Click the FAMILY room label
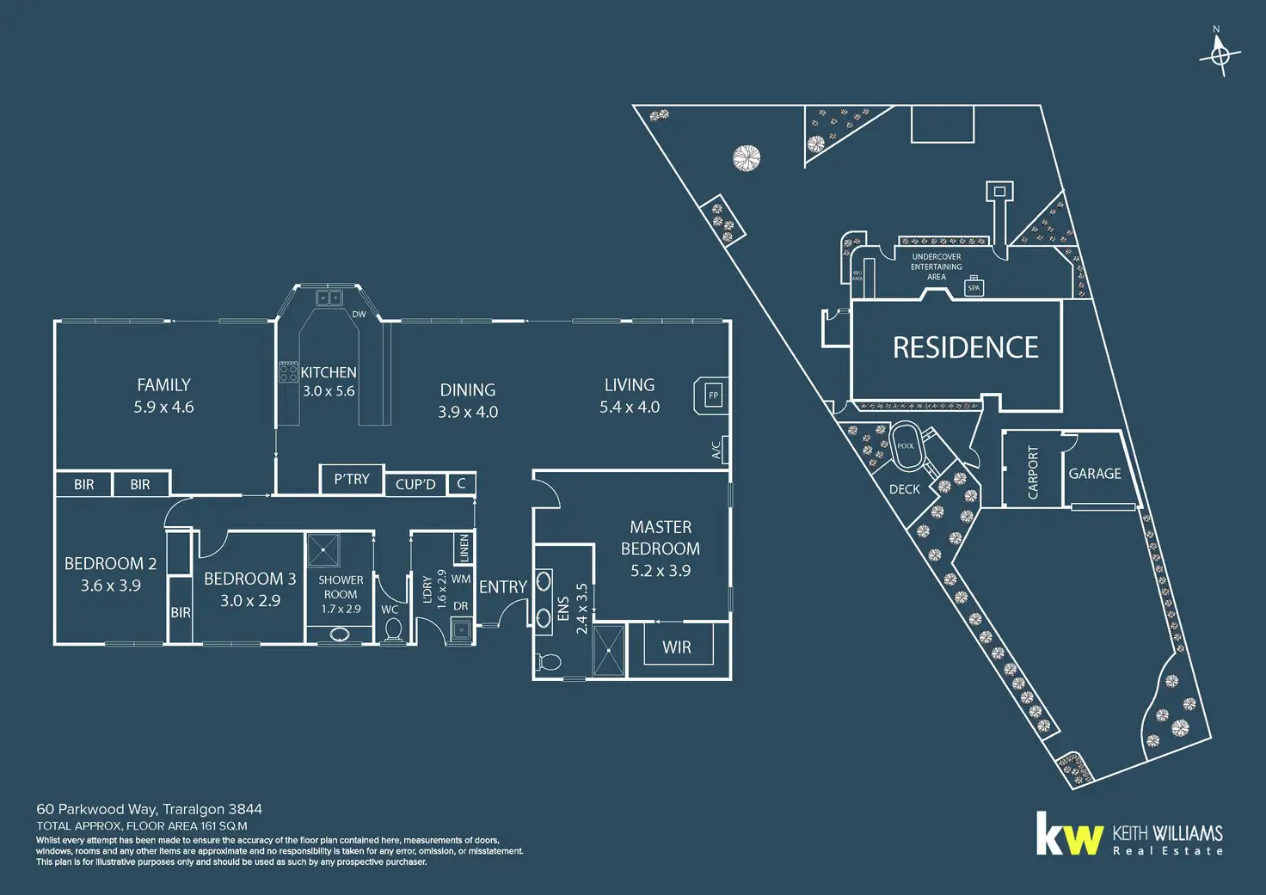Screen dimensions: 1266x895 163,385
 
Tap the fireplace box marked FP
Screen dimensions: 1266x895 712,395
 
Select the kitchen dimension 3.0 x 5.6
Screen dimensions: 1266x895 329,391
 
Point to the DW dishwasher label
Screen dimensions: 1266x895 359,315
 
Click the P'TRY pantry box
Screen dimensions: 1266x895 352,479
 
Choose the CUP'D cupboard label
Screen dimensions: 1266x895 415,485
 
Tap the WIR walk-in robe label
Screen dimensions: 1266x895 677,647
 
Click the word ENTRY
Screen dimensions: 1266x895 503,587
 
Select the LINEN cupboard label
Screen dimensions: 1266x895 464,548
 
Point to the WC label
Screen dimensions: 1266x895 390,610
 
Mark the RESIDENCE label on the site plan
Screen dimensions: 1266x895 965,347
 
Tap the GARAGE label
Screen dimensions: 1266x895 1095,474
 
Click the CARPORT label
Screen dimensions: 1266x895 1033,473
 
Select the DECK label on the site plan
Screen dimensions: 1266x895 904,489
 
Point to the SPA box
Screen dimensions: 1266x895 974,288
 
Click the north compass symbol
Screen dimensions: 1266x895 1220,54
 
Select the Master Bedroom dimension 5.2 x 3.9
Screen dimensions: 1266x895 661,571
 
